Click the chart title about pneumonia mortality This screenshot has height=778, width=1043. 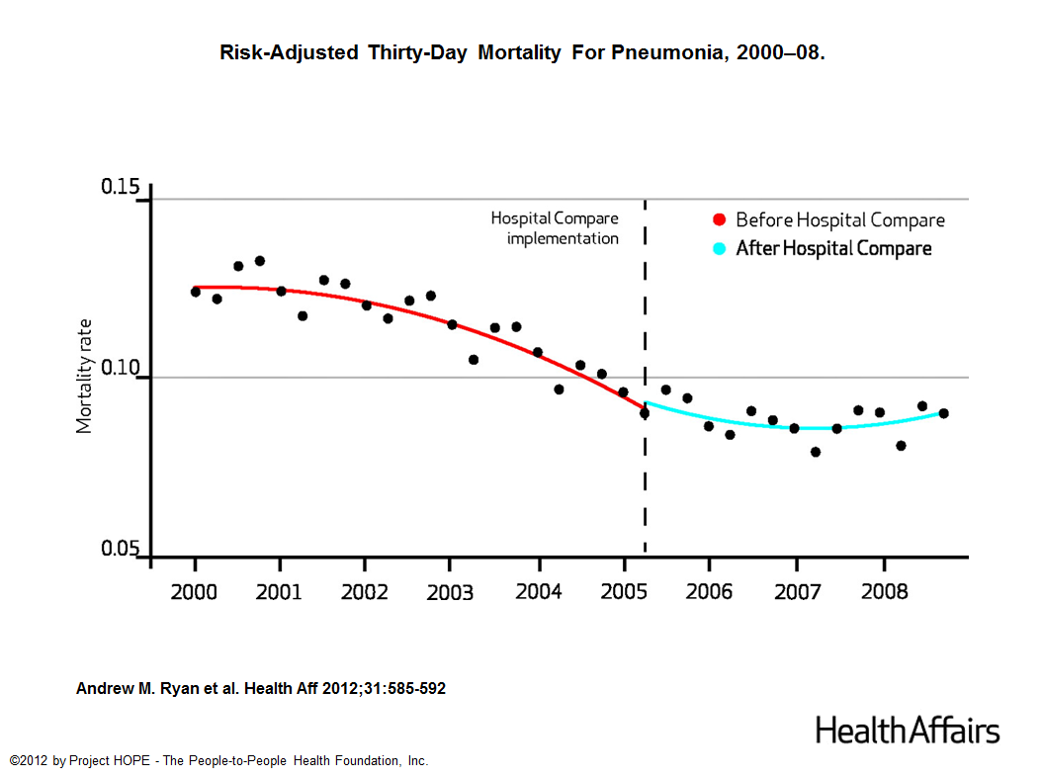522,52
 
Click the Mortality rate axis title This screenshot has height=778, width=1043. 85,375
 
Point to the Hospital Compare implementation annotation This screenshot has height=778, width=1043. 555,227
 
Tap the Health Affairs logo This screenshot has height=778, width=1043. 907,731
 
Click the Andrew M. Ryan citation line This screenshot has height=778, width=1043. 261,688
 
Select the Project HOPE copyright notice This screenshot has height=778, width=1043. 218,760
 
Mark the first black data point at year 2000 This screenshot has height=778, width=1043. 196,292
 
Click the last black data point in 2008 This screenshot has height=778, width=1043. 943,413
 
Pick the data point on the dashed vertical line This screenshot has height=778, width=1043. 645,413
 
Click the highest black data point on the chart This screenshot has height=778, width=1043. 260,261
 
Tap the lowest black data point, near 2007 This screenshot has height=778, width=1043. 816,452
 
